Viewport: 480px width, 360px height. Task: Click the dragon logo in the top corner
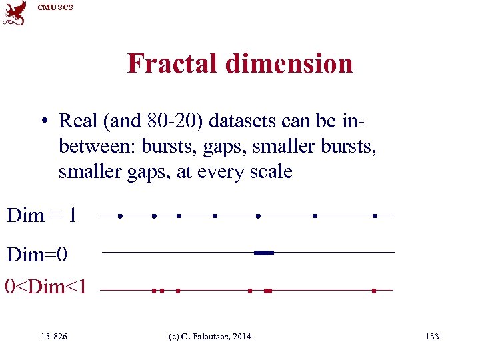[x=14, y=13]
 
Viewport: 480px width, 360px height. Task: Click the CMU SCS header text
[x=55, y=7]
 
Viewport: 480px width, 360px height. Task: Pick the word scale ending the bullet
[x=269, y=172]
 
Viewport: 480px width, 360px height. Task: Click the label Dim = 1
[x=41, y=215]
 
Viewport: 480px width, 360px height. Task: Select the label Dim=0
[x=37, y=255]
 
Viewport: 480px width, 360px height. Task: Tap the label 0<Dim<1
[x=45, y=287]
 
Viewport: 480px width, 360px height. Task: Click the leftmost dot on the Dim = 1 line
[x=119, y=215]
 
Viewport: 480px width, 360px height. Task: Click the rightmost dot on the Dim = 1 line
[x=375, y=215]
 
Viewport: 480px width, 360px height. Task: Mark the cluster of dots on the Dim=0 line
[x=264, y=253]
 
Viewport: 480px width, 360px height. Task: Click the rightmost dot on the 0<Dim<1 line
[x=375, y=291]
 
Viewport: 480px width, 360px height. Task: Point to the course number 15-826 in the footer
[x=54, y=337]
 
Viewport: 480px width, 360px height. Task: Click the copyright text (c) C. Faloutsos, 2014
[x=209, y=337]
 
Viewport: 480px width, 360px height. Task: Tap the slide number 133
[x=432, y=337]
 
